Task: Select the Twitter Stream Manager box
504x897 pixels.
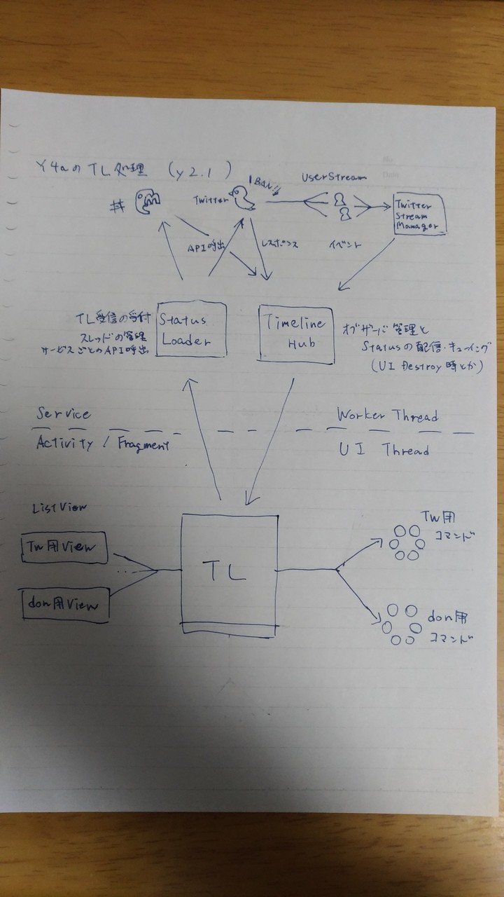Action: [x=419, y=214]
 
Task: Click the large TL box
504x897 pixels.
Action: [x=228, y=575]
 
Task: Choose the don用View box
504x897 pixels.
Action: [x=63, y=603]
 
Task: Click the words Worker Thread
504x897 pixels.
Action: [x=387, y=415]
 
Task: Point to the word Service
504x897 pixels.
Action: [x=64, y=415]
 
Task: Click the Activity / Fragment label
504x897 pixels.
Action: [x=102, y=444]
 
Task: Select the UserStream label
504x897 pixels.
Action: [x=334, y=177]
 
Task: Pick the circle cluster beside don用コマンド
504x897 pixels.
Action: [x=402, y=624]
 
